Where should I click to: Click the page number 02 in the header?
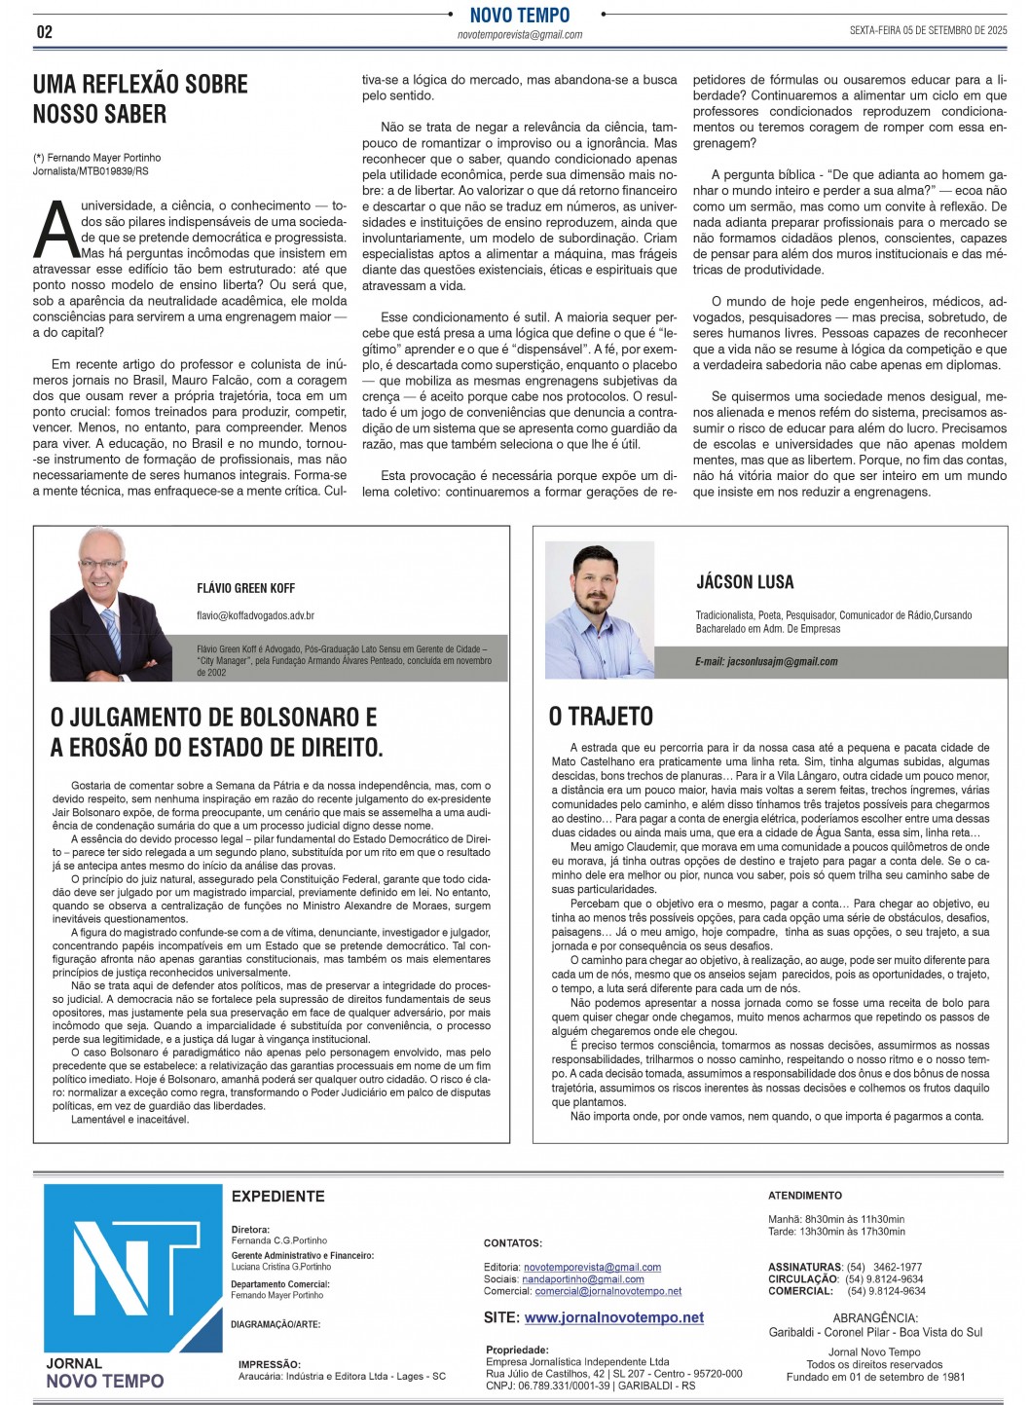click(x=45, y=32)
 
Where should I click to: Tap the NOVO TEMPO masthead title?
click(x=519, y=15)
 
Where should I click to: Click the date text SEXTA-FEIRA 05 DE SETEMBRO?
click(x=927, y=31)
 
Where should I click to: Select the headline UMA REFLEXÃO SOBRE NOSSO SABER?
click(x=140, y=99)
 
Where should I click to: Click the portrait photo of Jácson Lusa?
click(x=599, y=610)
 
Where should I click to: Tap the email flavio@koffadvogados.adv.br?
click(x=255, y=615)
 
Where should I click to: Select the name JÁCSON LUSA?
click(x=745, y=582)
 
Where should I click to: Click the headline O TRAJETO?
click(x=601, y=717)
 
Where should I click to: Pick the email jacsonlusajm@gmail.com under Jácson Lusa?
click(x=766, y=662)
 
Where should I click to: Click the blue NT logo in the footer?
click(x=133, y=1268)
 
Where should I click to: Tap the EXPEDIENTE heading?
click(x=277, y=1197)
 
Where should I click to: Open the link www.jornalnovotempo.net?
click(x=613, y=1317)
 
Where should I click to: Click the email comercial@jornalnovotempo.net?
click(x=607, y=1291)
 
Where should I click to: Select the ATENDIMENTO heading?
click(x=804, y=1196)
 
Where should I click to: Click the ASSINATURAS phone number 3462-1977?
click(x=897, y=1268)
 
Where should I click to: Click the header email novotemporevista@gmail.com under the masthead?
click(x=519, y=35)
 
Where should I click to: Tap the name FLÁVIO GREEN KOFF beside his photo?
click(x=245, y=588)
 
